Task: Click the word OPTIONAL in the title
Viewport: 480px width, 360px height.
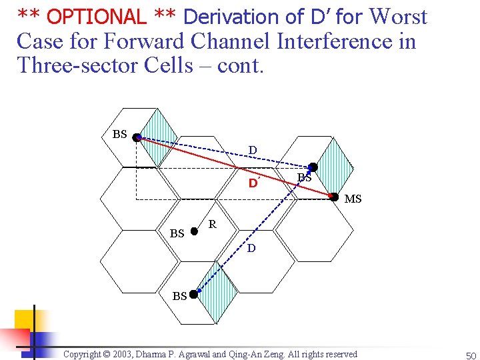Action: pyautogui.click(x=97, y=16)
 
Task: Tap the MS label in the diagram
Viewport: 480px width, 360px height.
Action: pyautogui.click(x=353, y=199)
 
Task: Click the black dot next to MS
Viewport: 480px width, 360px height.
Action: pyautogui.click(x=335, y=196)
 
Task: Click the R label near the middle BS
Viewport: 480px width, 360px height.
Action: pyautogui.click(x=212, y=225)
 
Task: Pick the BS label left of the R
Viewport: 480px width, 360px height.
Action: pyautogui.click(x=177, y=233)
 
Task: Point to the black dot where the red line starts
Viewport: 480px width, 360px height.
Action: pyautogui.click(x=136, y=138)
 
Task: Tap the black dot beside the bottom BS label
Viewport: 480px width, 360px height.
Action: pyautogui.click(x=193, y=294)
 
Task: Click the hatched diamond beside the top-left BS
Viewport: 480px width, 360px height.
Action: pyautogui.click(x=161, y=138)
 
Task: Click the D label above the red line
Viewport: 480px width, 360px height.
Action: pyautogui.click(x=253, y=150)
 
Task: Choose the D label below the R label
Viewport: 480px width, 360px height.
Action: pyautogui.click(x=251, y=249)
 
